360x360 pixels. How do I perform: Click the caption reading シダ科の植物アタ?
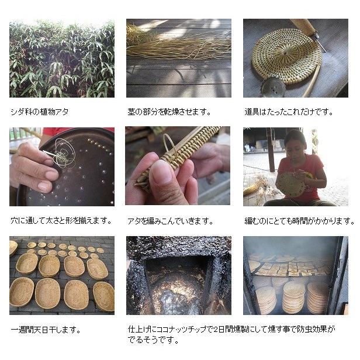[x=40, y=110]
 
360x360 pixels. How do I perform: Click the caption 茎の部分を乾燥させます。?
[x=169, y=110]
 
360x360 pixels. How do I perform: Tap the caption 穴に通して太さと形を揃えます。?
[x=61, y=221]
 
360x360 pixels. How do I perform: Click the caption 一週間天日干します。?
[x=46, y=330]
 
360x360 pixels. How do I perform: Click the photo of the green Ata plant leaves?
[x=61, y=58]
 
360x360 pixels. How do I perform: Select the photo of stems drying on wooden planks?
[x=178, y=58]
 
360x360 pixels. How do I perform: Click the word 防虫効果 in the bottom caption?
[x=319, y=330]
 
